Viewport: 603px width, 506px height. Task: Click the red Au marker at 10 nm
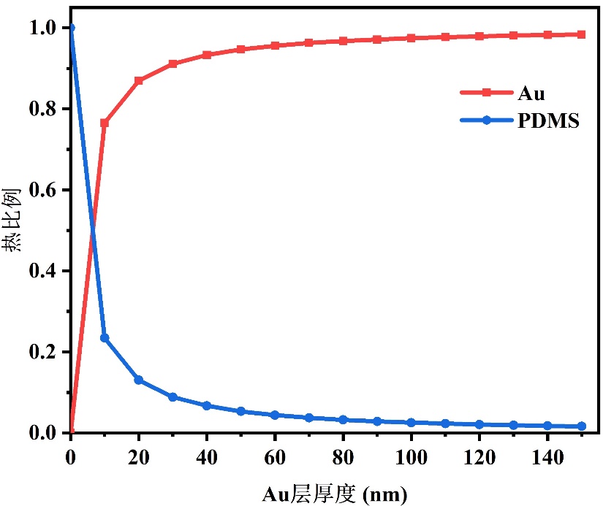pyautogui.click(x=105, y=123)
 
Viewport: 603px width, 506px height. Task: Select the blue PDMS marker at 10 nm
pyautogui.click(x=105, y=338)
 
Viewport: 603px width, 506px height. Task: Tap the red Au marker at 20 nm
pyautogui.click(x=139, y=80)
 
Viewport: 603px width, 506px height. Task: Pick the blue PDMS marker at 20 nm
pyautogui.click(x=139, y=380)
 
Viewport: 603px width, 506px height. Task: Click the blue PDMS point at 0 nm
pyautogui.click(x=71, y=28)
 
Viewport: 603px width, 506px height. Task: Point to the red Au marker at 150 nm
pyautogui.click(x=581, y=34)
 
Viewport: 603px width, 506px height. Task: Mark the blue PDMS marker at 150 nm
pyautogui.click(x=581, y=426)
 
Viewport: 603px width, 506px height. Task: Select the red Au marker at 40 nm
pyautogui.click(x=207, y=55)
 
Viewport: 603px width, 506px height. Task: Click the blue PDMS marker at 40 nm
pyautogui.click(x=207, y=406)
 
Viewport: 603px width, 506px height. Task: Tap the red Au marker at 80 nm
pyautogui.click(x=343, y=41)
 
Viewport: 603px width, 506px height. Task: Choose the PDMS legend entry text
pyautogui.click(x=548, y=122)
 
